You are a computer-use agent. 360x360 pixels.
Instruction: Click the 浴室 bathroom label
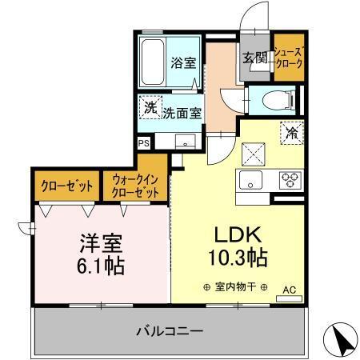tap(182, 62)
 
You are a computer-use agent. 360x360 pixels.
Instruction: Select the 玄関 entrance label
tap(254, 58)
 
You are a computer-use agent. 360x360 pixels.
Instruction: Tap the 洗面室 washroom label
tap(182, 114)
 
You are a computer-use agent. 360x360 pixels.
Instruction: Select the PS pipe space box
tap(143, 143)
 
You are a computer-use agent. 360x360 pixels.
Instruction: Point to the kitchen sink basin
tap(249, 180)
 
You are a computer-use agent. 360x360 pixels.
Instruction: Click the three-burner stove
tap(290, 180)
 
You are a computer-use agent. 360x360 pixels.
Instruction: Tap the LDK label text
tap(233, 236)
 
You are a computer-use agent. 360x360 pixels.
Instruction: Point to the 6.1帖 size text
tap(100, 266)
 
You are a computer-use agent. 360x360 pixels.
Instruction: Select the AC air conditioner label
tap(288, 289)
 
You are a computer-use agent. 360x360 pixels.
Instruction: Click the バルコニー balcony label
tap(169, 330)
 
